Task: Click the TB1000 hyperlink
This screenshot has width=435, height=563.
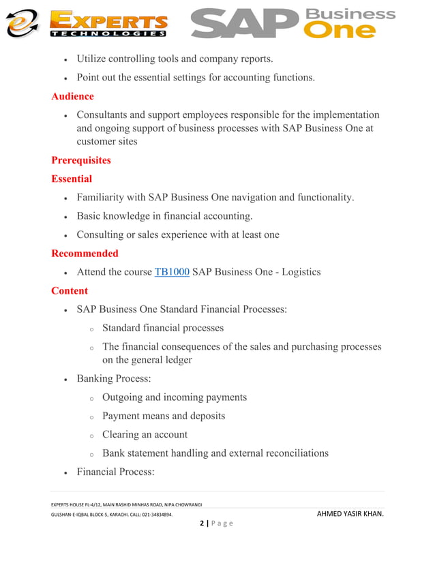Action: [x=172, y=272]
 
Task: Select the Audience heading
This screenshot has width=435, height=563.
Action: [x=72, y=96]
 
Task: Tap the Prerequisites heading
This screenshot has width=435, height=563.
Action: [x=80, y=160]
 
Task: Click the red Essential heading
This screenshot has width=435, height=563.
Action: [x=72, y=179]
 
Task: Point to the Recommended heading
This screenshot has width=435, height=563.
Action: [x=85, y=253]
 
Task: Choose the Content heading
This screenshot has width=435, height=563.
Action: [x=70, y=290]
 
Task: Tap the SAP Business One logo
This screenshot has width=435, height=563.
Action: [x=293, y=24]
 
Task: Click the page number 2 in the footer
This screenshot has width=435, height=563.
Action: [x=202, y=523]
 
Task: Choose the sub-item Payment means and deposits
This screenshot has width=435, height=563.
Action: [x=164, y=416]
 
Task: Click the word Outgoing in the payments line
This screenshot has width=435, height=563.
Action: [x=123, y=397]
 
